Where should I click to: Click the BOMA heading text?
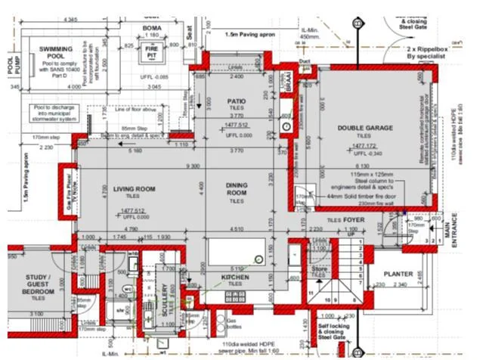coord(152,28)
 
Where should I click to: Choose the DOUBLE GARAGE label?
coord(365,129)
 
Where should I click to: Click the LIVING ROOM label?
coord(134,188)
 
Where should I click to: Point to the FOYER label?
coord(353,220)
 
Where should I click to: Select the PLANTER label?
coord(398,275)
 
